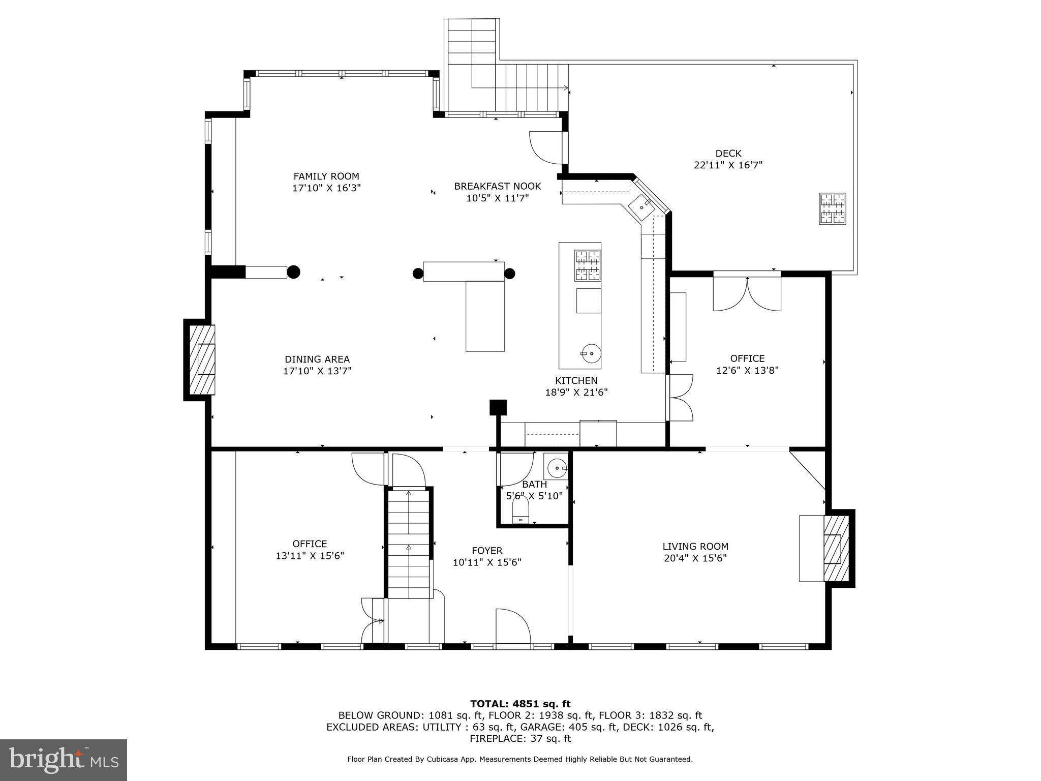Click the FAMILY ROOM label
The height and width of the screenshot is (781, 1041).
click(326, 176)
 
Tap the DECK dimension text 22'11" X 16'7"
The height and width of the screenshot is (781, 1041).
click(728, 165)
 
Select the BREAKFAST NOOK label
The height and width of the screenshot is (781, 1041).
click(497, 187)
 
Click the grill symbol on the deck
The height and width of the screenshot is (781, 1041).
click(832, 208)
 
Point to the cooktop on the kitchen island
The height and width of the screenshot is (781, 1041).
click(587, 265)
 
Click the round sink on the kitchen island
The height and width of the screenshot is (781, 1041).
click(590, 353)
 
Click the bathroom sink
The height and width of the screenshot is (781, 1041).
click(558, 467)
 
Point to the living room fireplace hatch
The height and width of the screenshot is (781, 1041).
click(836, 548)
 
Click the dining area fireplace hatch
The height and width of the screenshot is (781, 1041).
click(202, 359)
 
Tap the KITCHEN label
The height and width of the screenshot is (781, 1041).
click(576, 381)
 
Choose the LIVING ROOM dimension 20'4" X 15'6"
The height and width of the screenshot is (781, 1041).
click(695, 558)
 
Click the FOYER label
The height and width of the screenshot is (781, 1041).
click(487, 551)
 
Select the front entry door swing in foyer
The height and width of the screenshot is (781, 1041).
click(512, 626)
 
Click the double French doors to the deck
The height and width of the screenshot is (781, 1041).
click(747, 294)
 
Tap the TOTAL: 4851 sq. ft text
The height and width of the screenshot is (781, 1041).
click(520, 704)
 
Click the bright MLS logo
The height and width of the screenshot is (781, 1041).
click(64, 760)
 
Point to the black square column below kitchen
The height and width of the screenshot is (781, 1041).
click(498, 408)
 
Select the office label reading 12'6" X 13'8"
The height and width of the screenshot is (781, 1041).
click(747, 371)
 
